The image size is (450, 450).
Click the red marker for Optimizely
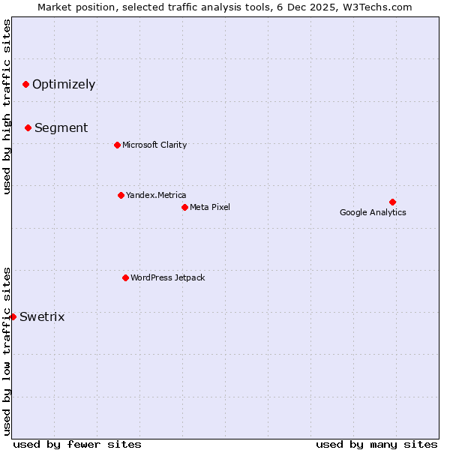pos(25,84)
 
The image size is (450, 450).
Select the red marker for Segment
pos(28,127)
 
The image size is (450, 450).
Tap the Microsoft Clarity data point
pos(117,145)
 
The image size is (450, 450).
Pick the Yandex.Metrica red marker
pos(121,195)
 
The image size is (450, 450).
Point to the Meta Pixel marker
pos(184,207)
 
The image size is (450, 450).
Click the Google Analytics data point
pos(392,202)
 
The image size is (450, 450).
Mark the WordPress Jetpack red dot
pos(125,277)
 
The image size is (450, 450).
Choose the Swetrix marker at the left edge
pos(13,316)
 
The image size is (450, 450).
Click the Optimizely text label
pos(64,84)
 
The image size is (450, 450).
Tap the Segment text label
pos(61,127)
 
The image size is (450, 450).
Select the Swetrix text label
pos(42,316)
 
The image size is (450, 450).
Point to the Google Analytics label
pos(373,212)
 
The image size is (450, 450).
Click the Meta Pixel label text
pos(210,207)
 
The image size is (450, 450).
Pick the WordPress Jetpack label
pos(167,277)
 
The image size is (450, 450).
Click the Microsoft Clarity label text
pos(154,145)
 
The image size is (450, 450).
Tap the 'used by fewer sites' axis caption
pos(77,444)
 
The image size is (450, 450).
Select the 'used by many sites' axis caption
pos(376,444)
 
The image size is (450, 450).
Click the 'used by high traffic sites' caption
pos(7,106)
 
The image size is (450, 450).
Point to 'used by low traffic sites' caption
pos(7,350)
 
